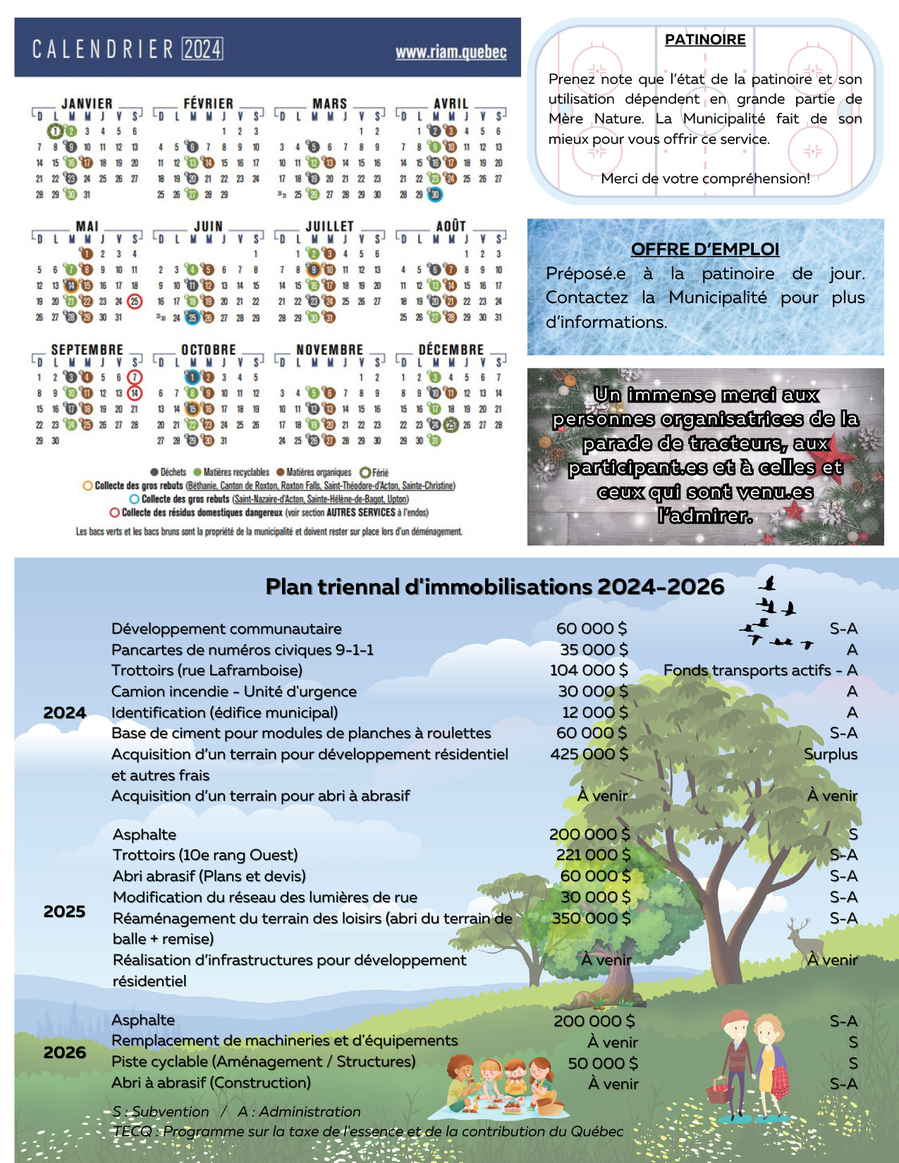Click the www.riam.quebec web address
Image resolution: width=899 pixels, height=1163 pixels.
(451, 52)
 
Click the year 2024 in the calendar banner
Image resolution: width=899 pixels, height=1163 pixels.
(203, 49)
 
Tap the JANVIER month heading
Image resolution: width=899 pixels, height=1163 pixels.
(87, 104)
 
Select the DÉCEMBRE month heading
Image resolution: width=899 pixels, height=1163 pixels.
(451, 350)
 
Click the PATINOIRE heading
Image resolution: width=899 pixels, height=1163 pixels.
(705, 39)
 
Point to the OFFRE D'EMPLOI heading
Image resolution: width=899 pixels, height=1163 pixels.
(705, 249)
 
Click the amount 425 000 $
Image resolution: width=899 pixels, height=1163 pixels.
(589, 754)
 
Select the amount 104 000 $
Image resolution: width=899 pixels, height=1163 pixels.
(589, 670)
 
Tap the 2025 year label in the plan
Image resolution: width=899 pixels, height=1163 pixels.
(64, 911)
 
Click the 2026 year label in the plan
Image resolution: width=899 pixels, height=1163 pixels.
(64, 1052)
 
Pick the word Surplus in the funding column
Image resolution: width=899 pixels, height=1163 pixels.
(831, 754)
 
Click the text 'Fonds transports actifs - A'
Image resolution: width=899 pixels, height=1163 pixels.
(760, 670)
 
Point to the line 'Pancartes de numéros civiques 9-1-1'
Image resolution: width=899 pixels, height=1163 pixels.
(243, 650)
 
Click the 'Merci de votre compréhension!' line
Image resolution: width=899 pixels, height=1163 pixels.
(705, 178)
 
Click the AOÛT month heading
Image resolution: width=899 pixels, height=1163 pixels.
(451, 226)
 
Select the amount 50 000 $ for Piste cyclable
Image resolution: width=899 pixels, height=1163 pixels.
(603, 1063)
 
